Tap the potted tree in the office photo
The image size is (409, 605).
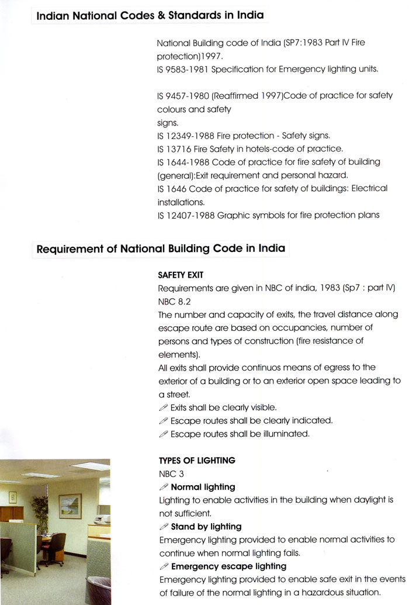pos(40,514)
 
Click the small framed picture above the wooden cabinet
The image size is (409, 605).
pos(12,497)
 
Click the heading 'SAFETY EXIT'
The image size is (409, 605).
pos(181,274)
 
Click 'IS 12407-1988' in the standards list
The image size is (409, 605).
pos(186,215)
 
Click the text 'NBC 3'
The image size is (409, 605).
pos(171,473)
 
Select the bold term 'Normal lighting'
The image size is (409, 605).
pos(203,487)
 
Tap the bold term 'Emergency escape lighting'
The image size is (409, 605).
pos(228,566)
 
